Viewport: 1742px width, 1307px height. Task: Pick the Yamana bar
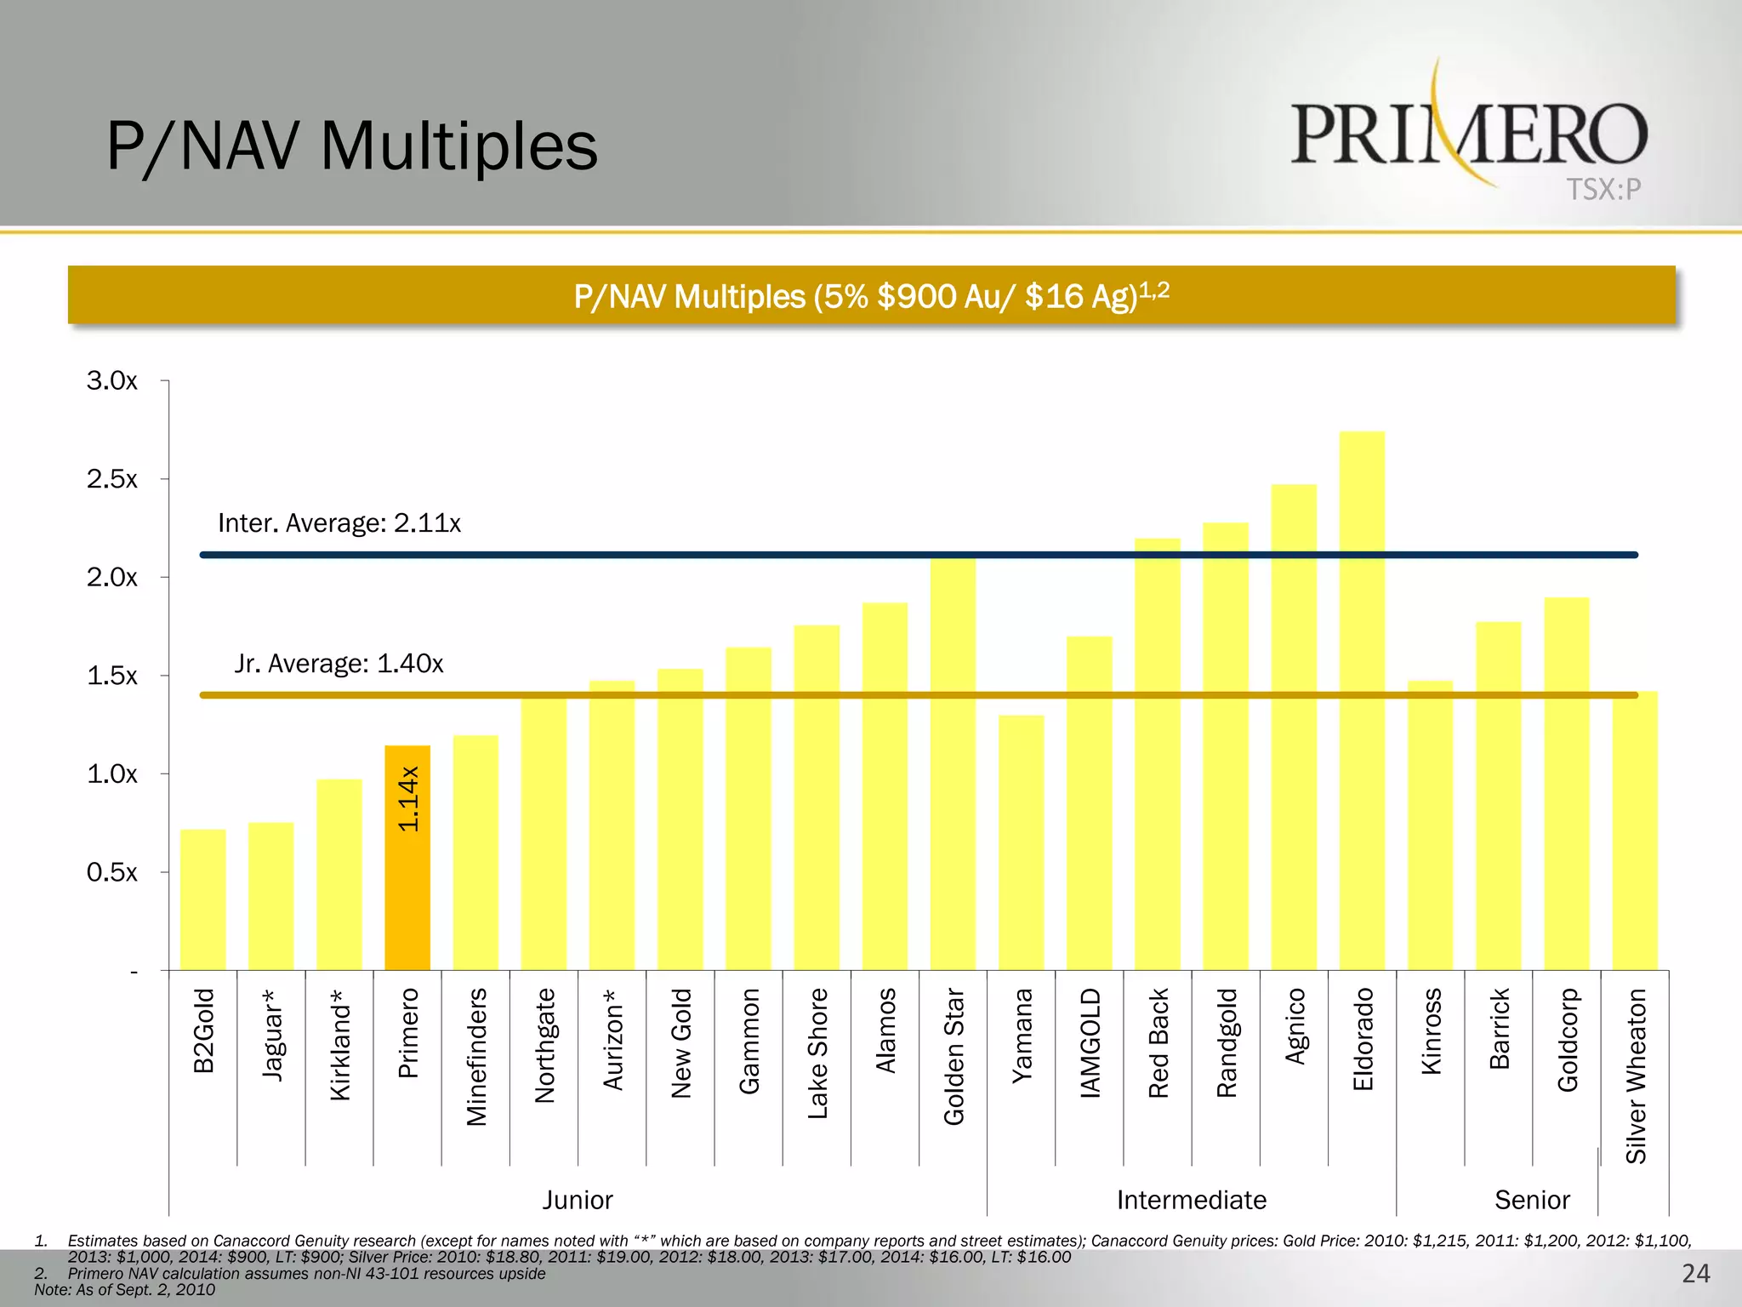pyautogui.click(x=1022, y=842)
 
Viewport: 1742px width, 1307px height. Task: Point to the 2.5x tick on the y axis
pyautogui.click(x=111, y=479)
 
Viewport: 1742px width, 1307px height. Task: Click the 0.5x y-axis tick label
pyautogui.click(x=111, y=872)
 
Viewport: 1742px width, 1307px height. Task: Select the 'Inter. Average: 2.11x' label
pyautogui.click(x=339, y=522)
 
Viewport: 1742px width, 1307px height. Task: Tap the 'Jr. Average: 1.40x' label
pyautogui.click(x=339, y=663)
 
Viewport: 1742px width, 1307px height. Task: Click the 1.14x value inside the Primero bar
pyautogui.click(x=408, y=798)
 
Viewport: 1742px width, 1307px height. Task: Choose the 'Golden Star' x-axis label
pyautogui.click(x=954, y=1056)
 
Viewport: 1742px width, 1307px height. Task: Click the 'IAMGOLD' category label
pyautogui.click(x=1090, y=1042)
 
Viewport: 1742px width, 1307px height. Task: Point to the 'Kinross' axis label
pyautogui.click(x=1432, y=1030)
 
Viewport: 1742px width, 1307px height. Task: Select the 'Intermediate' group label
pyautogui.click(x=1191, y=1200)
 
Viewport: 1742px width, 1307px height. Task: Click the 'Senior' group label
pyautogui.click(x=1532, y=1200)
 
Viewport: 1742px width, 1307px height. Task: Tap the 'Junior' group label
pyautogui.click(x=578, y=1200)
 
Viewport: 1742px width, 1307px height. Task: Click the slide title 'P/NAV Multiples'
pyautogui.click(x=352, y=146)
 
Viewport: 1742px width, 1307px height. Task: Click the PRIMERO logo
pyautogui.click(x=1469, y=134)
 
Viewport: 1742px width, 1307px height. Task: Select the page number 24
pyautogui.click(x=1695, y=1273)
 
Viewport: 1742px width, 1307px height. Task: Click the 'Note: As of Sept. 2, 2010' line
pyautogui.click(x=124, y=1289)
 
